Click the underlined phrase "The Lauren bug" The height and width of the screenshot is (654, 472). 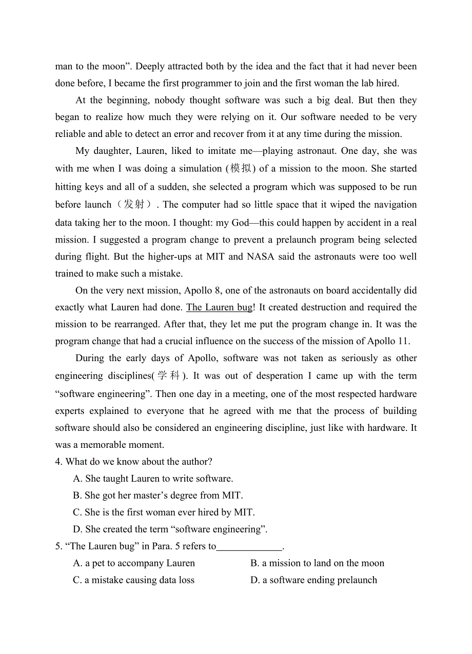[219, 308]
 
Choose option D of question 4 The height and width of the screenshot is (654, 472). [170, 529]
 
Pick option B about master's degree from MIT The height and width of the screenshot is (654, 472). [158, 496]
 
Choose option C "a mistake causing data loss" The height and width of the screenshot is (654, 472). [134, 580]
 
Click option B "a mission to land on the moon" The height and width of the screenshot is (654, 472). [317, 563]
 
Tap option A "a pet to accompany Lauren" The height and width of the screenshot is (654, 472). [134, 563]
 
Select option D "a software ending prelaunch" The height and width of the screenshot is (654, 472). [313, 580]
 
